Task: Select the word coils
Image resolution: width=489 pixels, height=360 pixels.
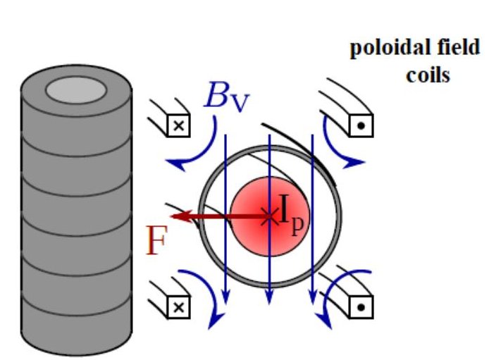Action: click(x=427, y=74)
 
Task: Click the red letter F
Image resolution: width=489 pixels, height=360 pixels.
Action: click(x=156, y=242)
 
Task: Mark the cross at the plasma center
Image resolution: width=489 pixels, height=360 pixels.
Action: click(x=268, y=216)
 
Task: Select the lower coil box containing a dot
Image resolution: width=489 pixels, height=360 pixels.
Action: click(x=361, y=307)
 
